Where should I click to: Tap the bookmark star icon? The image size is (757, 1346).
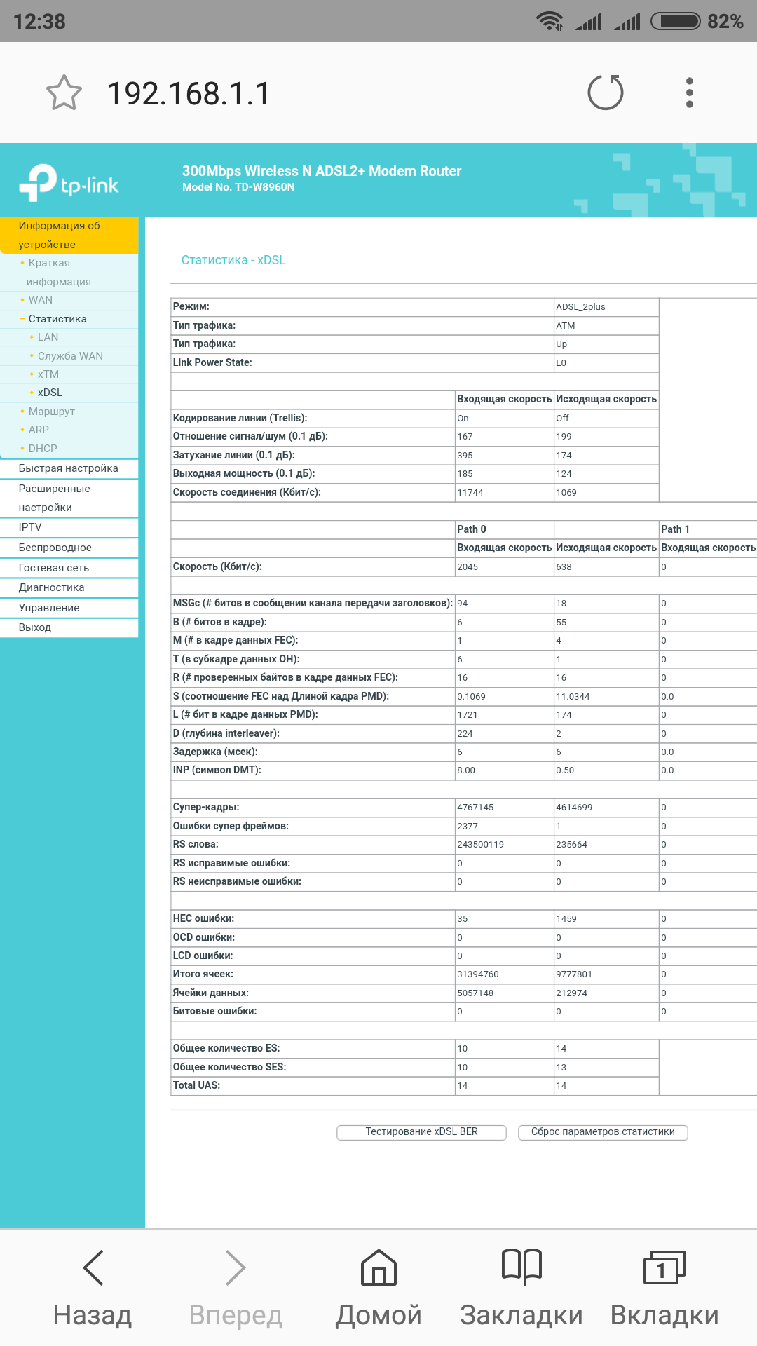click(x=64, y=93)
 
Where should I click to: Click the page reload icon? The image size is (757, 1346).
click(x=606, y=93)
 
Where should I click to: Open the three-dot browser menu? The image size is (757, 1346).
click(x=690, y=93)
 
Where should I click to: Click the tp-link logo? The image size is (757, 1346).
click(x=69, y=183)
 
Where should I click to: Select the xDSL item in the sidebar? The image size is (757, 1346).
click(x=50, y=393)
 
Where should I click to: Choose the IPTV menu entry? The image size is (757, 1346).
click(x=30, y=527)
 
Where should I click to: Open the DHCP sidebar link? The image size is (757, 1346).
click(x=43, y=449)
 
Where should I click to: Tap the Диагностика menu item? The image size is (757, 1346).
click(x=51, y=587)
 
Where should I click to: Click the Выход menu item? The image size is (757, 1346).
click(x=35, y=627)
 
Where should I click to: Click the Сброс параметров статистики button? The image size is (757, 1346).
click(x=603, y=1132)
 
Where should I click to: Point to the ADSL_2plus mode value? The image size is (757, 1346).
click(x=580, y=307)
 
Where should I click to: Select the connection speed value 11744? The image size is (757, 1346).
click(x=470, y=493)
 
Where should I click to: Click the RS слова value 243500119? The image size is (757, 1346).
click(x=480, y=845)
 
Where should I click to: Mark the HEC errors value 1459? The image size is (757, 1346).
click(x=566, y=919)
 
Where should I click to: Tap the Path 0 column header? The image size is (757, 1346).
click(x=472, y=529)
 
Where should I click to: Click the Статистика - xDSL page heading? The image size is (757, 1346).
click(x=233, y=260)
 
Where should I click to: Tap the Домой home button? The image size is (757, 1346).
click(x=378, y=1289)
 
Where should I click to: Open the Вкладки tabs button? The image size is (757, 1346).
click(x=664, y=1289)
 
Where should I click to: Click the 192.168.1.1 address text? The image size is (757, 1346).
click(x=188, y=93)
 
